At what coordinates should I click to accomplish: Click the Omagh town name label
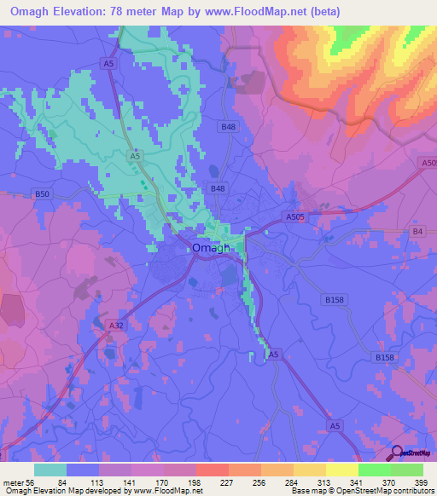[x=211, y=248]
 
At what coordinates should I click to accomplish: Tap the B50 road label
[x=43, y=194]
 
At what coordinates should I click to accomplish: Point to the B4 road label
[x=417, y=231]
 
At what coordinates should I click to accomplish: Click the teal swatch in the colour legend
[x=50, y=470]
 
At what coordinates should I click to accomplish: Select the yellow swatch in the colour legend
[x=341, y=470]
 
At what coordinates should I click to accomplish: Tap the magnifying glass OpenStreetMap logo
[x=396, y=453]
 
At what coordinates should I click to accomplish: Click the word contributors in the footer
[x=411, y=490]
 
